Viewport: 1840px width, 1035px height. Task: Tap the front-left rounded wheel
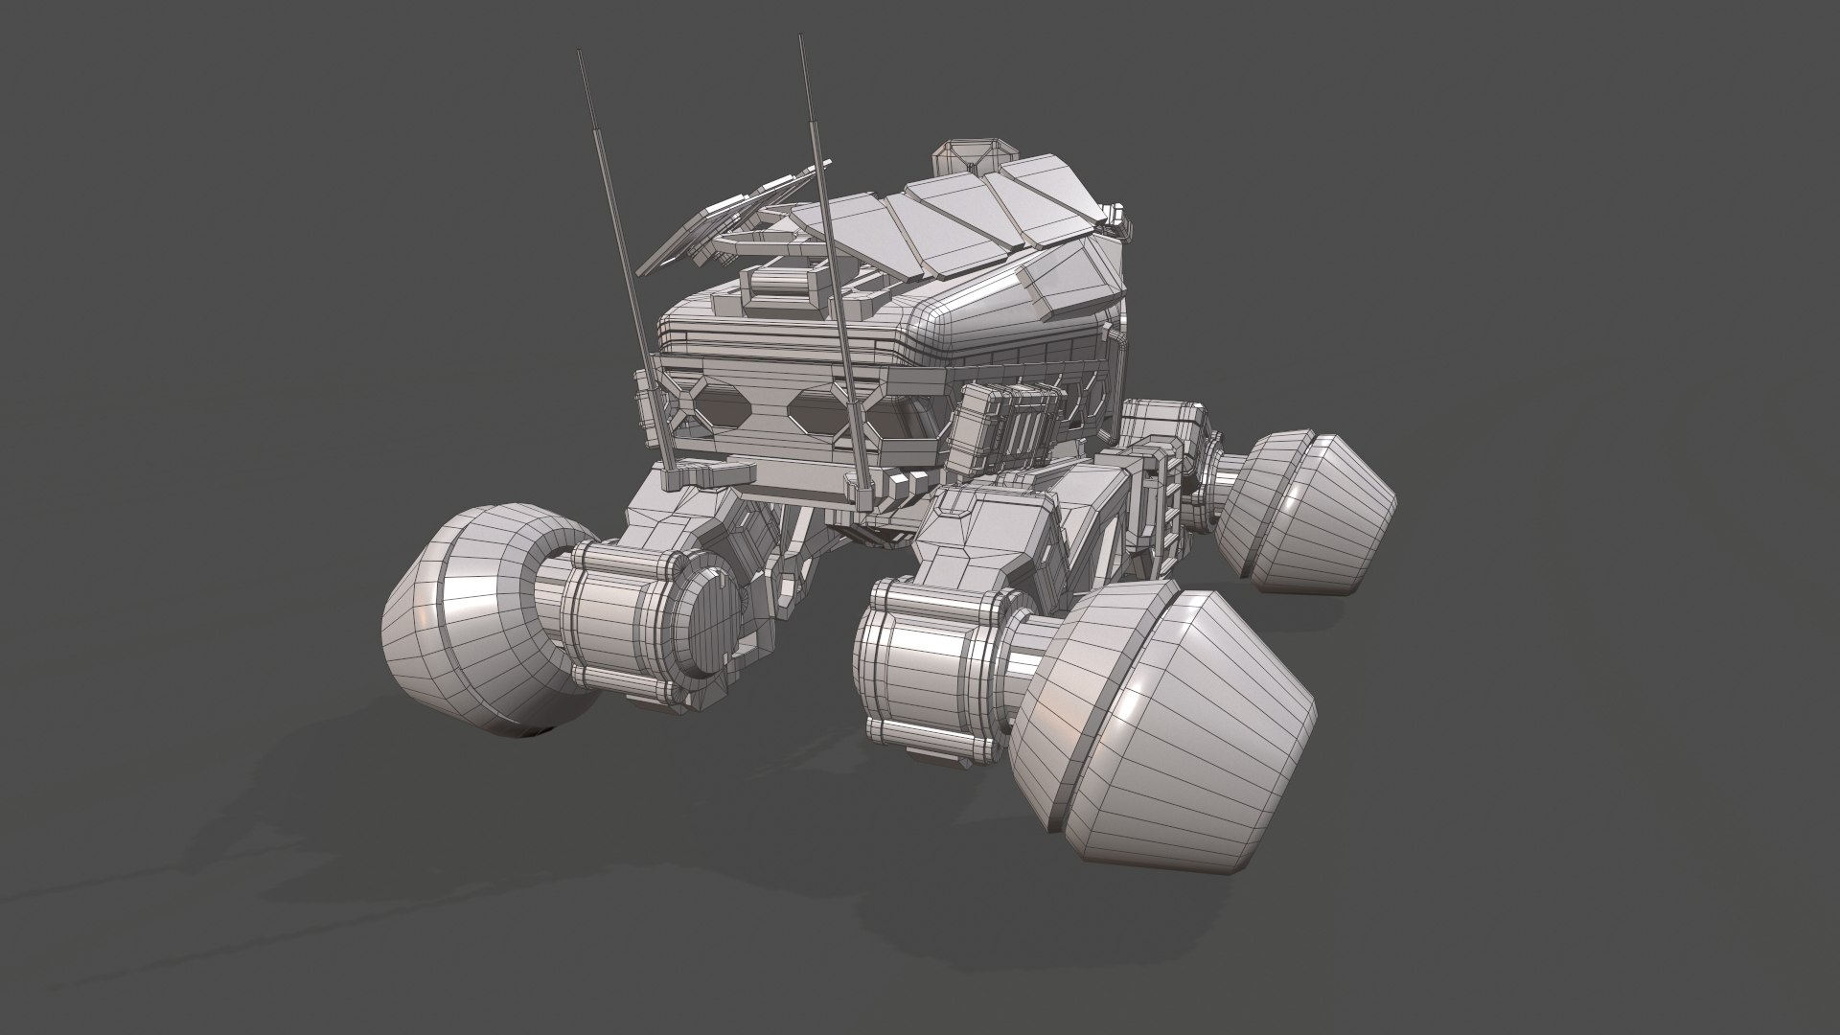click(x=470, y=623)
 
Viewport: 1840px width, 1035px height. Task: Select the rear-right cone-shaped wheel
click(x=1308, y=513)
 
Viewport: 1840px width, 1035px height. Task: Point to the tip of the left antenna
click(x=579, y=54)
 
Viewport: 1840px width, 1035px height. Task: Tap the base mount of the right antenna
click(x=853, y=484)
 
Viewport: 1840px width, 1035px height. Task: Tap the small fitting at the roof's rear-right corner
click(x=1117, y=220)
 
